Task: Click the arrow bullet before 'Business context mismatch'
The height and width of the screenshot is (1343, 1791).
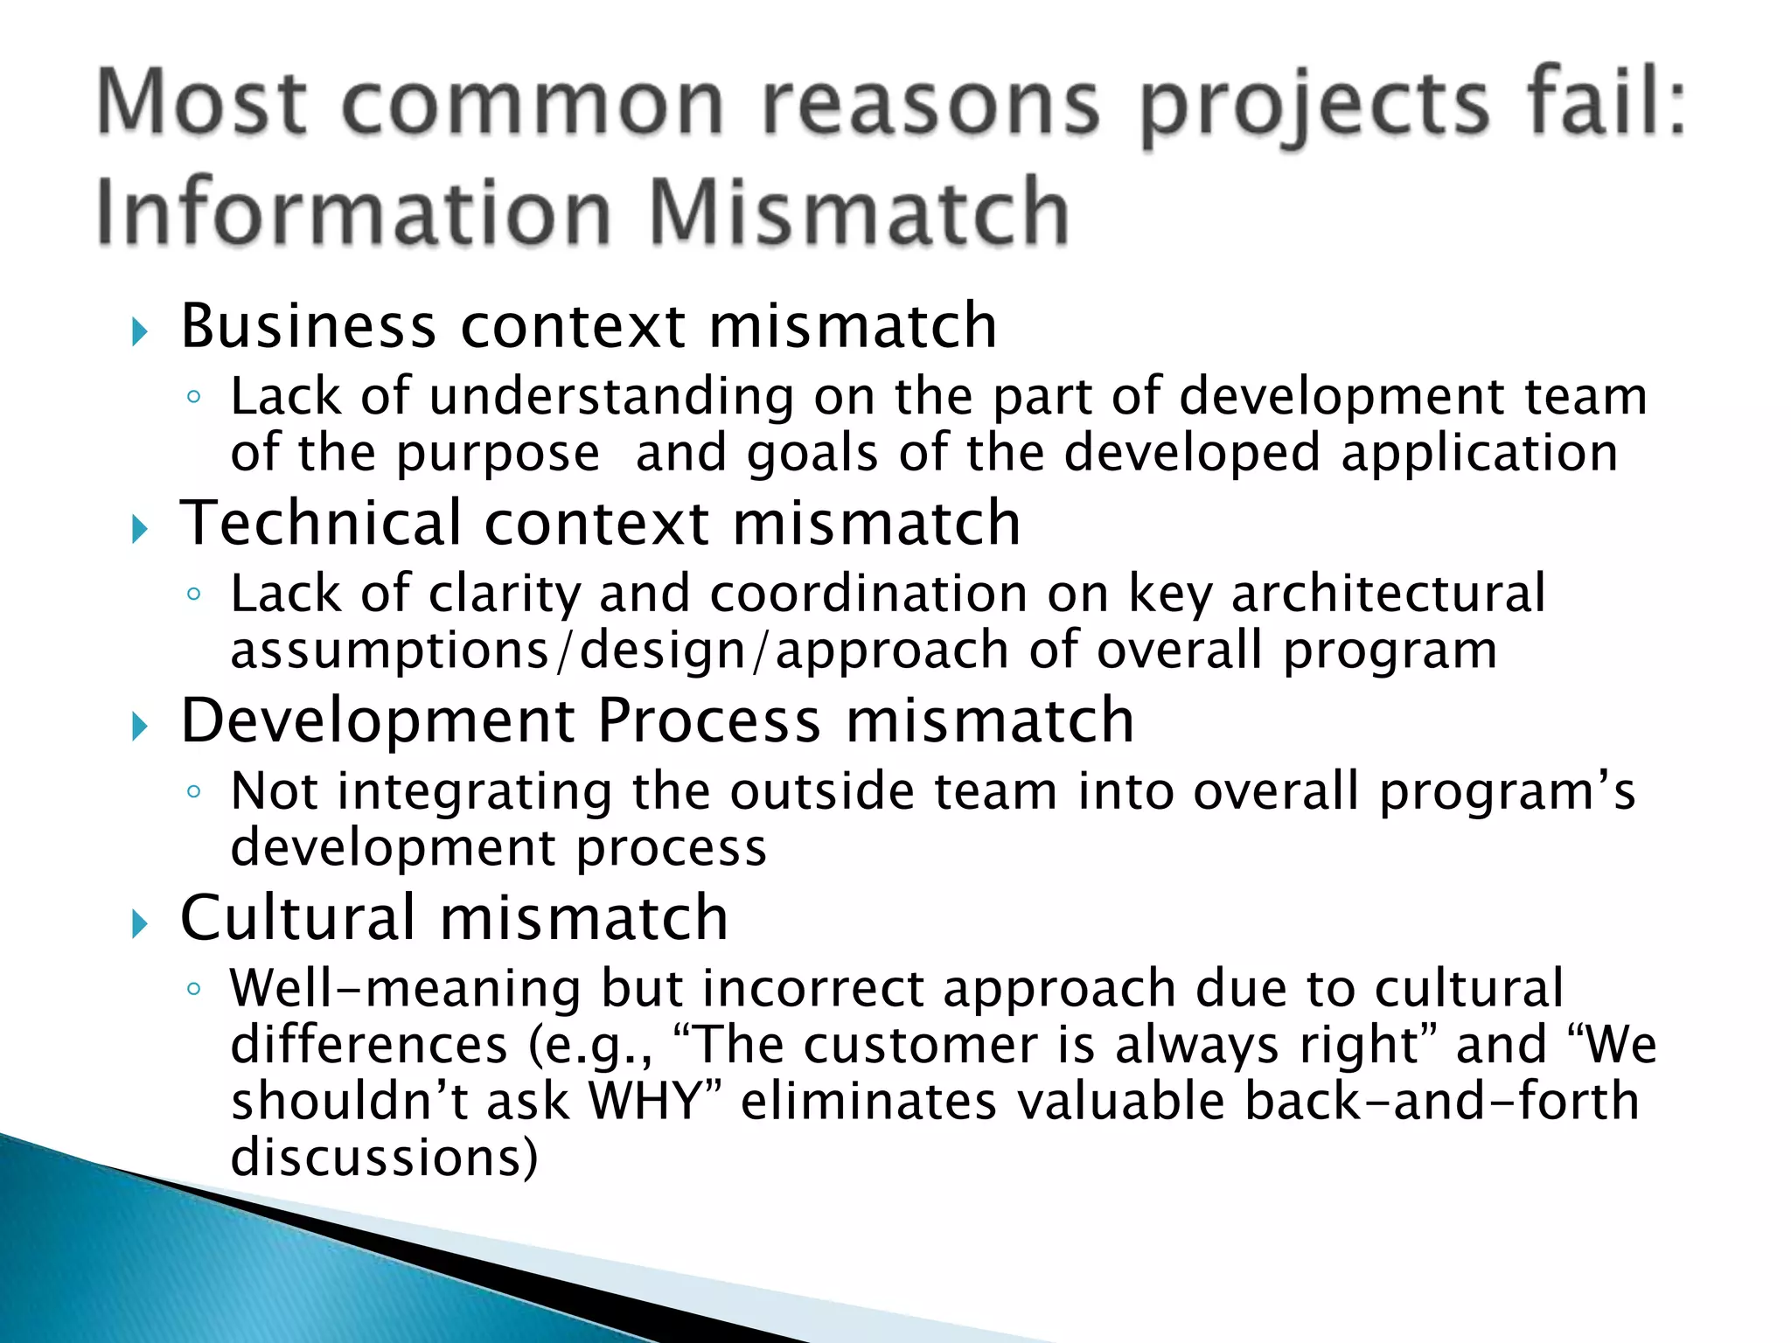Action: coord(139,332)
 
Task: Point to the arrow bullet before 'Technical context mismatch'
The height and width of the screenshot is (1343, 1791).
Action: coord(139,529)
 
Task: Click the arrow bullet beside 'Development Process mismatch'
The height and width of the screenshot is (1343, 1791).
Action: coord(139,727)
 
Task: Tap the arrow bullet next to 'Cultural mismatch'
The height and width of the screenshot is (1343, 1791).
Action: coord(139,923)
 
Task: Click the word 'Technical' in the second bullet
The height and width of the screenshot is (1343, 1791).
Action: coord(320,524)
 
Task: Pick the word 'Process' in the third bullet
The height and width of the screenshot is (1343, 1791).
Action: coord(708,721)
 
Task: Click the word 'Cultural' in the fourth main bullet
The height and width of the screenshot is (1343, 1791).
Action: coord(297,918)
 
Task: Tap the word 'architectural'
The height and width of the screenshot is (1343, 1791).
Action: coord(1388,595)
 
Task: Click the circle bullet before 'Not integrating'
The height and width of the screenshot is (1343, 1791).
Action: coord(194,792)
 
